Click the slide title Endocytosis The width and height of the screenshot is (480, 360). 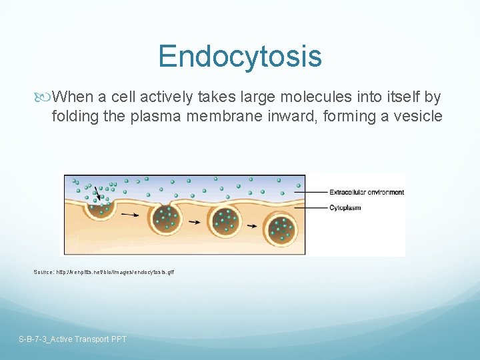click(x=240, y=56)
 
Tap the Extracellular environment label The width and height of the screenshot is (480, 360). click(x=367, y=193)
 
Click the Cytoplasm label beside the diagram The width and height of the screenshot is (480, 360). click(x=345, y=208)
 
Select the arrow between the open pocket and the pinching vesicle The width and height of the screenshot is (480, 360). click(x=131, y=215)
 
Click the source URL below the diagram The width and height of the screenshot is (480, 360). click(x=104, y=272)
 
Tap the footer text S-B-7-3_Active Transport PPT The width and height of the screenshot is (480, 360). click(x=73, y=339)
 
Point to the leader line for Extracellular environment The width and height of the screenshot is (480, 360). click(x=317, y=193)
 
